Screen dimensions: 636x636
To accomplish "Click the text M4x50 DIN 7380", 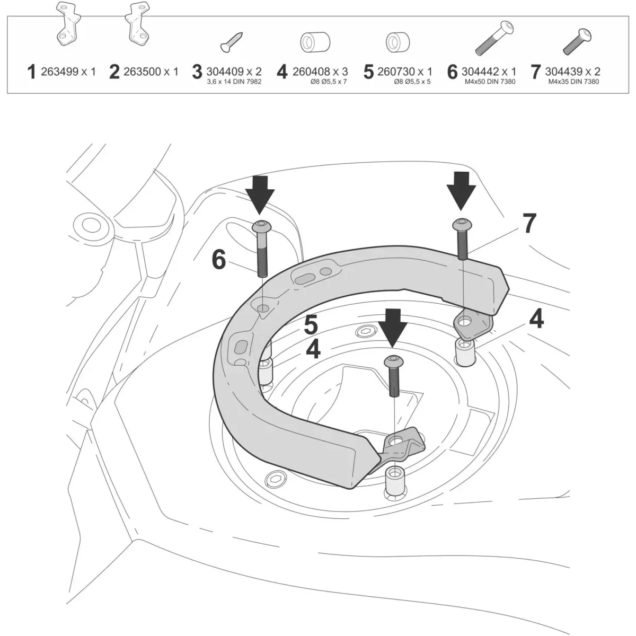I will click(488, 82).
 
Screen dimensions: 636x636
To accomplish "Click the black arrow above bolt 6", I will click(260, 193).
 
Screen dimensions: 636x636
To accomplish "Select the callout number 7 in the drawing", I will click(529, 223).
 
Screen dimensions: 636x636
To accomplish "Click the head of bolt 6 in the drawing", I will click(261, 227).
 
